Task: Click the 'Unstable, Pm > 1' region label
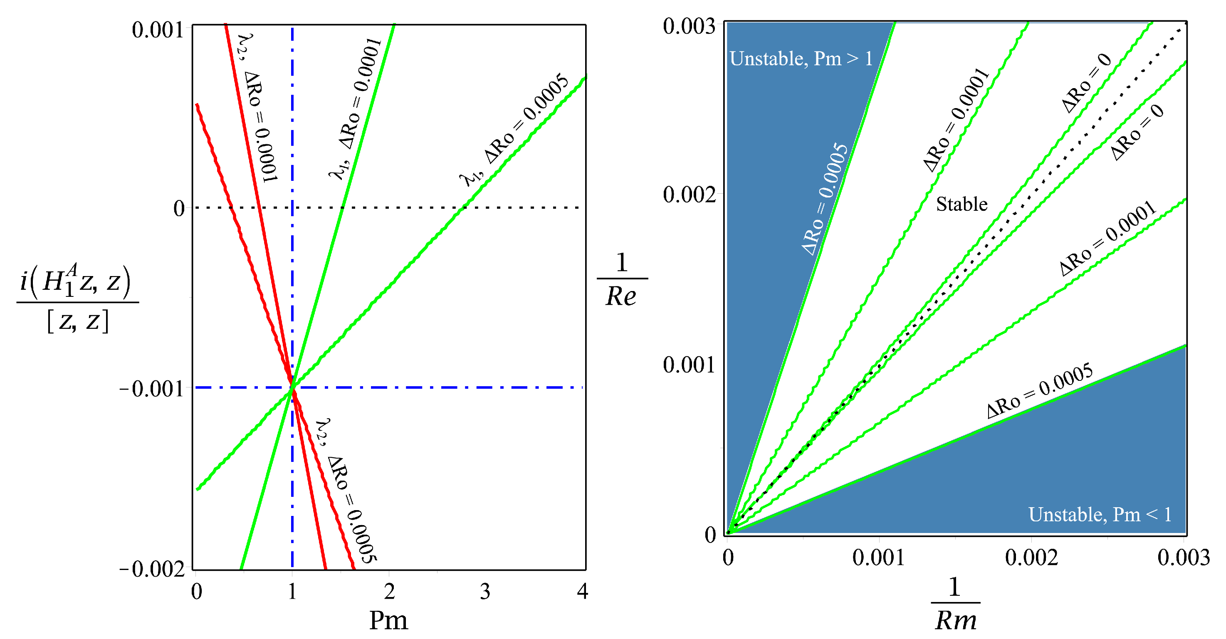(x=801, y=59)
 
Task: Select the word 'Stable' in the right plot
(x=962, y=204)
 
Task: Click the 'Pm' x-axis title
(x=388, y=620)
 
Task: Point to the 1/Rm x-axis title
(x=955, y=604)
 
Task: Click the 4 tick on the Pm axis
(x=583, y=592)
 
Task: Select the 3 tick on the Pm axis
(x=485, y=592)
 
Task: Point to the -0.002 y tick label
(x=152, y=569)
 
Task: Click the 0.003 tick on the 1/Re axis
(x=689, y=26)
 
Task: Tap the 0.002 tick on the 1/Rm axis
(x=1031, y=557)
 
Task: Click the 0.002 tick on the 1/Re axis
(x=689, y=195)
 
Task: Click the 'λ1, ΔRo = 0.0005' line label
(x=514, y=129)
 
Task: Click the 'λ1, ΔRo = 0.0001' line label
(x=355, y=109)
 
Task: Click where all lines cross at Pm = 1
(x=292, y=388)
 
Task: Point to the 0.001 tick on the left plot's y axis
(x=158, y=30)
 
